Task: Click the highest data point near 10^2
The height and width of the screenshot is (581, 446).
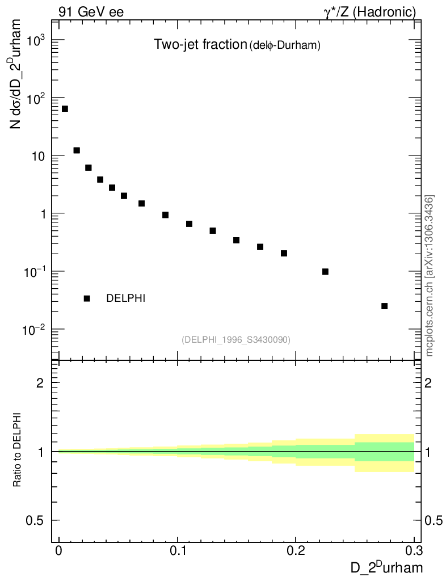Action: tap(65, 108)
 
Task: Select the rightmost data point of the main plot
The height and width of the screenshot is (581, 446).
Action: tap(384, 306)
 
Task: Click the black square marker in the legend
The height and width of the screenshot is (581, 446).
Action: tap(87, 298)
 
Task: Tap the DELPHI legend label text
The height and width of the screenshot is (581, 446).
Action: tap(126, 298)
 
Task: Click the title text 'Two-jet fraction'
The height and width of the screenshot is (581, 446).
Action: tap(200, 45)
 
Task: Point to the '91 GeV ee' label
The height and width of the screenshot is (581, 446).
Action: tap(91, 12)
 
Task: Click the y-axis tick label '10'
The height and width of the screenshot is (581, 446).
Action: tap(39, 156)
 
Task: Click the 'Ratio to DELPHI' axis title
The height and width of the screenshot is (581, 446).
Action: tap(18, 449)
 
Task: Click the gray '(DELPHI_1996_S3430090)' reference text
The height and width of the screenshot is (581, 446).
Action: tap(236, 340)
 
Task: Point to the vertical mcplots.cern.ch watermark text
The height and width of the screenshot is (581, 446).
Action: tap(430, 275)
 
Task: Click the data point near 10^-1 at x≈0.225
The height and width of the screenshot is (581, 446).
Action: tap(325, 271)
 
